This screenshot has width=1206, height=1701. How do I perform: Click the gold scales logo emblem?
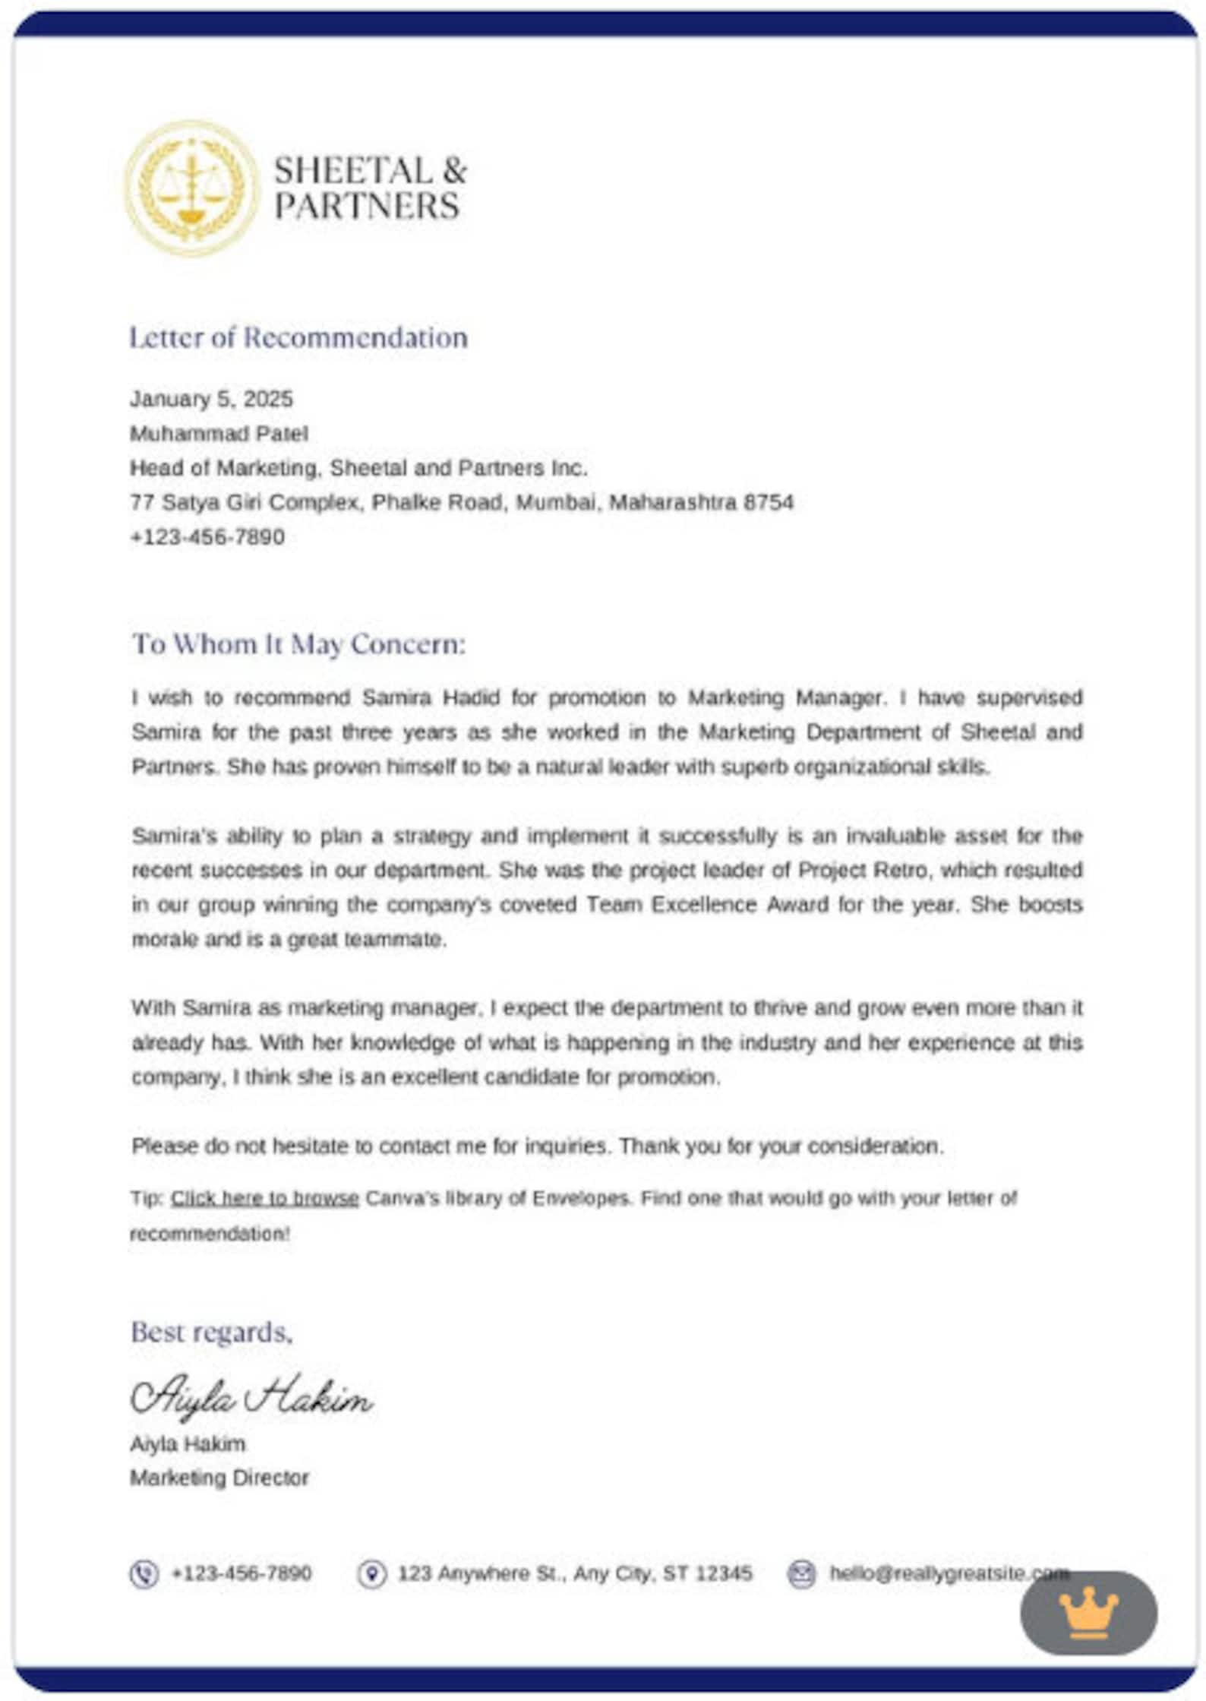click(190, 188)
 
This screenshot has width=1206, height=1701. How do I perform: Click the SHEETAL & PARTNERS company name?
click(369, 188)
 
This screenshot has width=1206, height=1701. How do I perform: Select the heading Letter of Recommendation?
click(298, 337)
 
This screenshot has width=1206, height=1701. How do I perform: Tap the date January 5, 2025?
click(211, 399)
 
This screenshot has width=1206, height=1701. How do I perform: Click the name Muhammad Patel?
click(219, 433)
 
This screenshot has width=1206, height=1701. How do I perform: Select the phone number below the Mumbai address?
click(207, 536)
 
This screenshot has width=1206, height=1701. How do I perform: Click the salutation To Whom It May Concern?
click(298, 643)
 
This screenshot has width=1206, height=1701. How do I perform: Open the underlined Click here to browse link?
click(264, 1198)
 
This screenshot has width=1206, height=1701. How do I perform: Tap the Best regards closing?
click(211, 1331)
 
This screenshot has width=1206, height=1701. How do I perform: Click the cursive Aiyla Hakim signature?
click(251, 1396)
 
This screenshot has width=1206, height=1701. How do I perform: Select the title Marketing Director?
click(219, 1478)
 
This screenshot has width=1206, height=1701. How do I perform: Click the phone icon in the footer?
click(144, 1573)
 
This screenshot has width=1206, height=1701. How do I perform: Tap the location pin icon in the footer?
click(371, 1573)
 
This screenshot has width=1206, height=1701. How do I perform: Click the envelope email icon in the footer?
click(801, 1573)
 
